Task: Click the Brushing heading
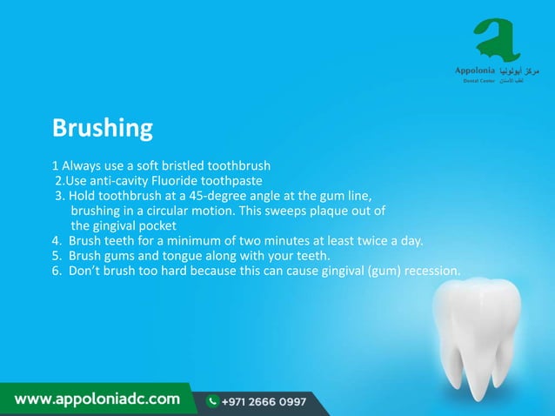click(x=103, y=129)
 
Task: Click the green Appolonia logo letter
click(x=497, y=39)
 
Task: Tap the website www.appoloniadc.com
click(x=97, y=400)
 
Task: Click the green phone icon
click(x=212, y=401)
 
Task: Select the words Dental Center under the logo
click(x=478, y=81)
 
